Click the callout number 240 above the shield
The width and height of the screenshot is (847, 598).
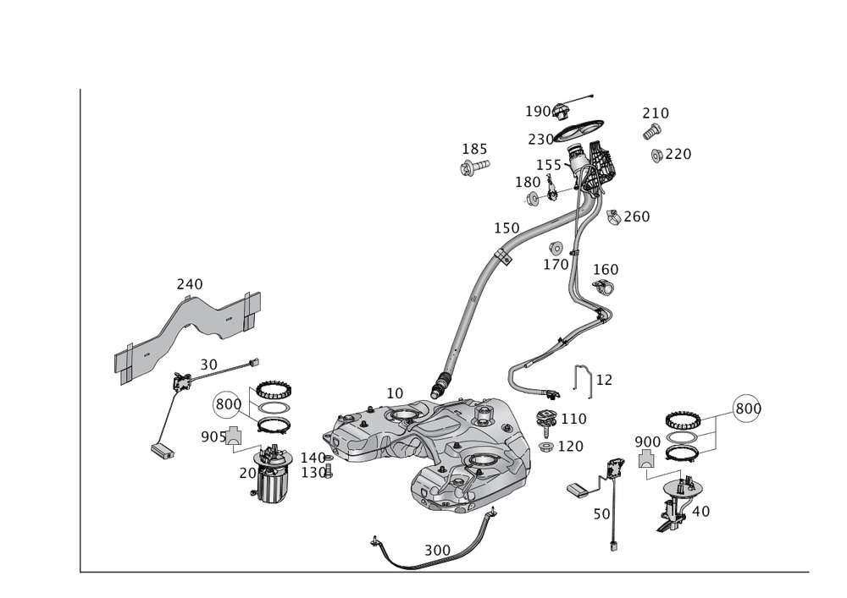[x=189, y=283]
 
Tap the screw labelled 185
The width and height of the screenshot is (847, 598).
[x=473, y=169]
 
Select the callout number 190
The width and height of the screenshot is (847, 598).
[x=539, y=112]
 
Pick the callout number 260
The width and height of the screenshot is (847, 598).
[x=636, y=217]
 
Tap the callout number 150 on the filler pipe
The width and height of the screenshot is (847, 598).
[x=507, y=228]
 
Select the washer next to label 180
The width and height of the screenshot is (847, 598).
[x=533, y=199]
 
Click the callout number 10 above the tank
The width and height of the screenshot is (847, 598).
[x=394, y=393]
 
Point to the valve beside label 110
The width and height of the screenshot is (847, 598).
[x=546, y=418]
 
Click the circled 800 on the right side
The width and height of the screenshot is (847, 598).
[x=746, y=408]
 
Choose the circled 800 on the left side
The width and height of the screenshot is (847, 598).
[x=227, y=404]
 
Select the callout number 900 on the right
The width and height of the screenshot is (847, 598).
[x=647, y=442]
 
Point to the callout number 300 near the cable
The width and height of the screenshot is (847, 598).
[x=437, y=549]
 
